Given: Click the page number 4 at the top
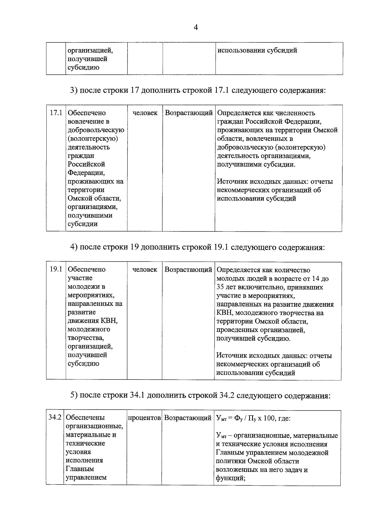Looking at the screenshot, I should tap(196, 28).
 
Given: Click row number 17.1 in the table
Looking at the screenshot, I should tap(56, 113).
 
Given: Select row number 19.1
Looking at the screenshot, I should tap(56, 270).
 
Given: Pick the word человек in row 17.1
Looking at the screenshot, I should tap(145, 113).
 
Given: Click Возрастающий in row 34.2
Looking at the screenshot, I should tap(188, 418).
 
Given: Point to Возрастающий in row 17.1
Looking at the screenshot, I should tap(189, 113).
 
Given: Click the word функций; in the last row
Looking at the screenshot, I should tap(230, 478).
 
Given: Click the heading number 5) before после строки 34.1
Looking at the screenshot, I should tap(74, 395).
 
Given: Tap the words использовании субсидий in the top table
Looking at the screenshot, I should tap(257, 50).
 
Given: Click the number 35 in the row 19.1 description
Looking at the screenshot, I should tap(220, 287).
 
